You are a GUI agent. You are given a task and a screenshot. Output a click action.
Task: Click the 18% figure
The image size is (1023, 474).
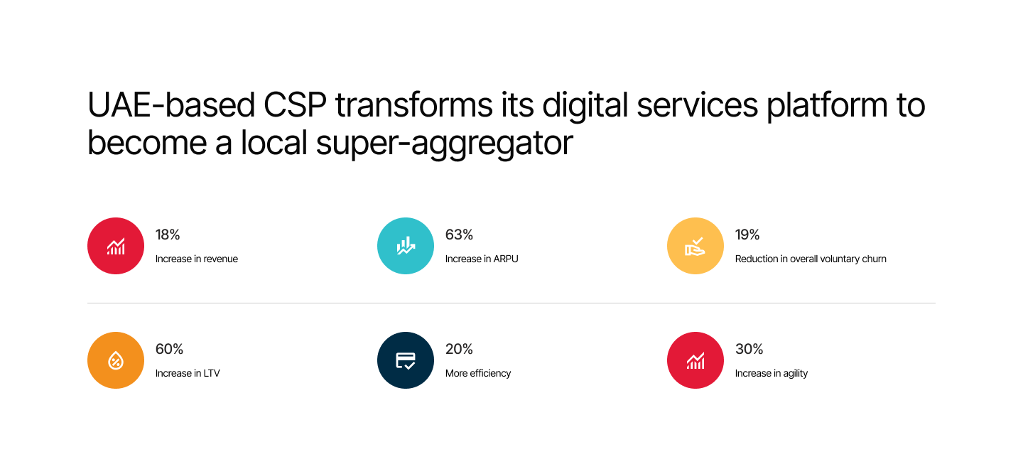click(x=168, y=235)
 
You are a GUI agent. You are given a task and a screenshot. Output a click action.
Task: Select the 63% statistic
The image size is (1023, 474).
click(x=459, y=235)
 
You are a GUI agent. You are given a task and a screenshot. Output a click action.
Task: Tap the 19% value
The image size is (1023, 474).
click(x=747, y=235)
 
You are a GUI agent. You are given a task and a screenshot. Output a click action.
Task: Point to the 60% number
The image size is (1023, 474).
click(x=169, y=349)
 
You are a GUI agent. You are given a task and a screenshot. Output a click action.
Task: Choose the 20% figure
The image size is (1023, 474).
click(x=459, y=349)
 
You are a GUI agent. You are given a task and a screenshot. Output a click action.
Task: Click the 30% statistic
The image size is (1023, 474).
click(x=749, y=349)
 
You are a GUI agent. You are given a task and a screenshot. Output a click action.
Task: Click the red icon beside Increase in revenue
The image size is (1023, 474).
click(x=116, y=246)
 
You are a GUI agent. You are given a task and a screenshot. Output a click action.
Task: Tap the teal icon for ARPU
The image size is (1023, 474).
click(x=406, y=246)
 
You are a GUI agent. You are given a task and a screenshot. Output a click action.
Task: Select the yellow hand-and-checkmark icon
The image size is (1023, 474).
click(x=695, y=246)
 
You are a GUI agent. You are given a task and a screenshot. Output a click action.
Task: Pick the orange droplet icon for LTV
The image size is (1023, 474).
click(x=116, y=360)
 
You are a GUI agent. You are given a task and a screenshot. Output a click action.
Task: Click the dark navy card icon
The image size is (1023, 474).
click(x=406, y=360)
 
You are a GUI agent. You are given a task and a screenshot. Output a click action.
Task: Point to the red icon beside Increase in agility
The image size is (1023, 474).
click(x=695, y=360)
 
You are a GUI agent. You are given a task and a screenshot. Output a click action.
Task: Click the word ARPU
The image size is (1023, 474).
click(x=506, y=259)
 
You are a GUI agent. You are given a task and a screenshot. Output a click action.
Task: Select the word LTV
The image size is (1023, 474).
click(x=212, y=374)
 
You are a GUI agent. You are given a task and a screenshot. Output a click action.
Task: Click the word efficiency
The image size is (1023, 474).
click(x=490, y=374)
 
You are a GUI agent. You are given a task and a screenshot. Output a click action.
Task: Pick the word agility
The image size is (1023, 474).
click(x=796, y=374)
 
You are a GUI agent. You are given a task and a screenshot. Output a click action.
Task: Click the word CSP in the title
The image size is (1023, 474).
click(x=295, y=105)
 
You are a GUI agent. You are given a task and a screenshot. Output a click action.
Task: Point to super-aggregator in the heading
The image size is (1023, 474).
click(x=445, y=144)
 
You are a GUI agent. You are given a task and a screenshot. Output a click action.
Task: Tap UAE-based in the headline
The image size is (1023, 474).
click(x=170, y=105)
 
